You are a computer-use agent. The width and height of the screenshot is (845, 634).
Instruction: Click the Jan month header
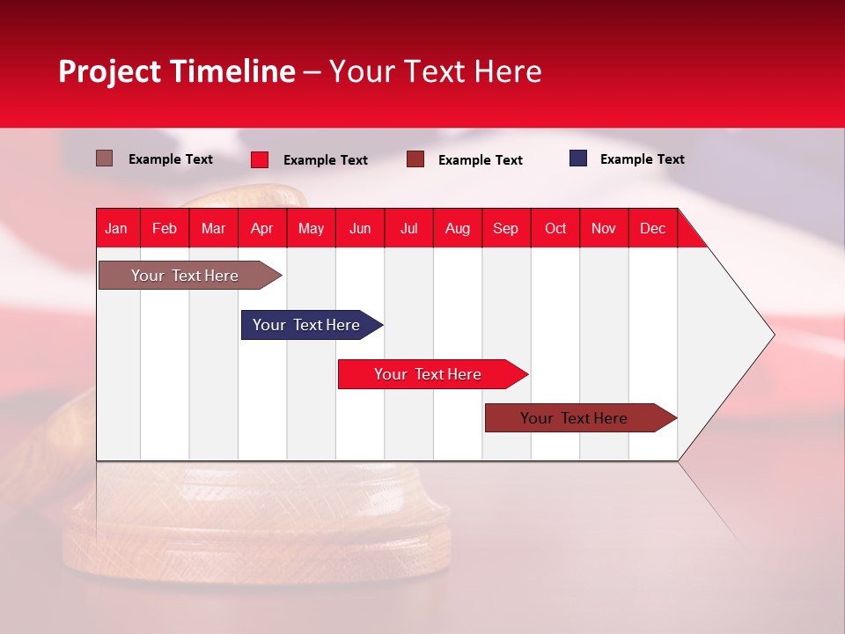click(116, 228)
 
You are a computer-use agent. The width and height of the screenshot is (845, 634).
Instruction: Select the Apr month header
click(261, 228)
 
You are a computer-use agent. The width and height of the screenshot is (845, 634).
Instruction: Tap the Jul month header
click(408, 228)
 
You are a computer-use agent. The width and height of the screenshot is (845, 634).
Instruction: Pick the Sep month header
click(505, 228)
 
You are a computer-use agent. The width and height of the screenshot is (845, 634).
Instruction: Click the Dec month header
click(652, 228)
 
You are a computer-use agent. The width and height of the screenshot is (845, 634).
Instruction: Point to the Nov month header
click(603, 228)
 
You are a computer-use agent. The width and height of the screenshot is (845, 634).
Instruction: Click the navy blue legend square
click(578, 158)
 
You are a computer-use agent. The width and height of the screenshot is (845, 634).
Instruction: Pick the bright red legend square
click(260, 159)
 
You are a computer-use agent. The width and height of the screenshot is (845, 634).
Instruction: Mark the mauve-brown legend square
click(104, 158)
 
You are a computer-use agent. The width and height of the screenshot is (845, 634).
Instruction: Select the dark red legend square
click(415, 159)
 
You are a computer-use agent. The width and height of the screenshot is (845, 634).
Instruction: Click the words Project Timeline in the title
click(176, 71)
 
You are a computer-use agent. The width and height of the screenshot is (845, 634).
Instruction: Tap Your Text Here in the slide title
click(435, 71)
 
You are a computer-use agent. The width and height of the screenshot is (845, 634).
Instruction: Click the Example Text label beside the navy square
click(642, 159)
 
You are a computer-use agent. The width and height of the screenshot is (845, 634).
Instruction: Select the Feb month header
click(164, 228)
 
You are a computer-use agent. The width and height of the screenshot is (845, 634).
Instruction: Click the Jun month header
click(359, 228)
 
